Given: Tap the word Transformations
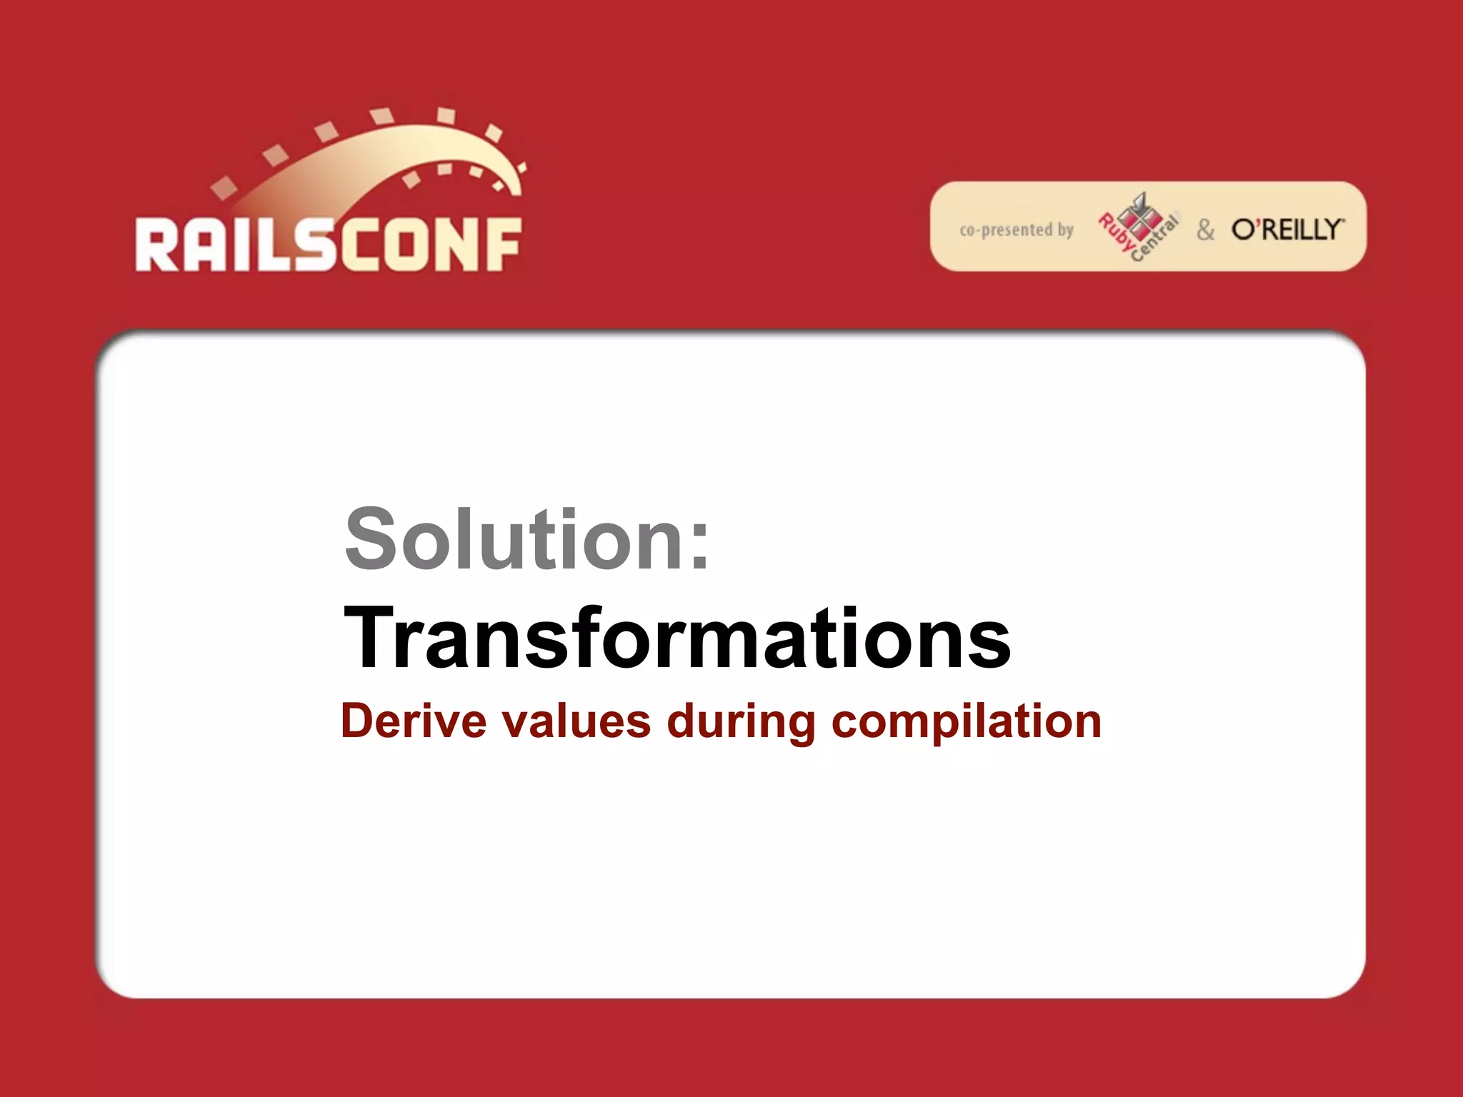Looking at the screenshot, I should tap(676, 637).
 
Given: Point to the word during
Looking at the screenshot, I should tap(741, 723).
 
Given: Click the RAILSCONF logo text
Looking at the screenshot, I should tap(328, 244).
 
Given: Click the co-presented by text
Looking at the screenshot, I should tap(1016, 230).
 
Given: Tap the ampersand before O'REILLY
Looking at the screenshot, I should tap(1205, 230).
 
